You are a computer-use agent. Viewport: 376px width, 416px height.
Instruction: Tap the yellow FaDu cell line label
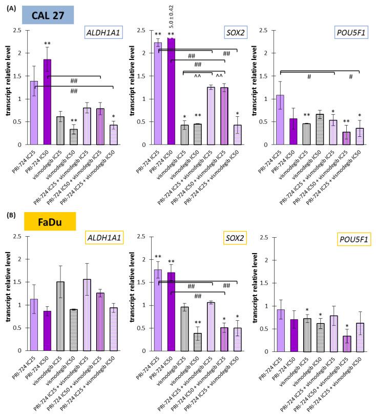[x=49, y=221]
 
